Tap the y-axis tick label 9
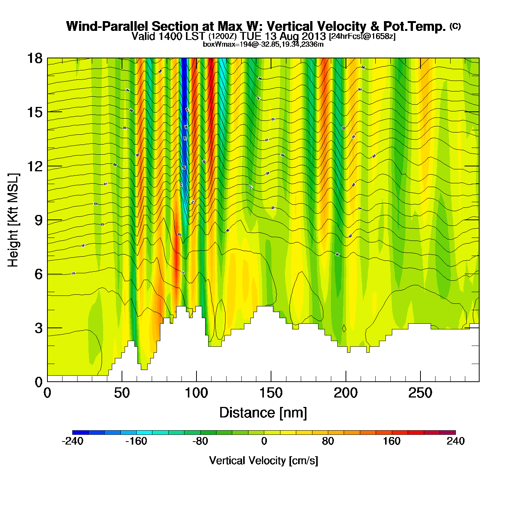coord(38,220)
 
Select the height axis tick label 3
coord(38,328)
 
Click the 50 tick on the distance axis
coord(122,393)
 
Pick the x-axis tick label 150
coord(271,393)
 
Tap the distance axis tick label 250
coord(420,393)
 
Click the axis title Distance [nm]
coord(263,413)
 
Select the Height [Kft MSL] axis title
coord(13,220)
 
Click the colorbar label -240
coord(72,441)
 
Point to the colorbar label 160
coord(391,441)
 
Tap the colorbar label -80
coord(200,441)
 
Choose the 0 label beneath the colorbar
coord(264,441)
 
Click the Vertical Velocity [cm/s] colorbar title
coord(263,460)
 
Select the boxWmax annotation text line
coord(263,44)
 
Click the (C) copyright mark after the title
coord(455,26)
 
